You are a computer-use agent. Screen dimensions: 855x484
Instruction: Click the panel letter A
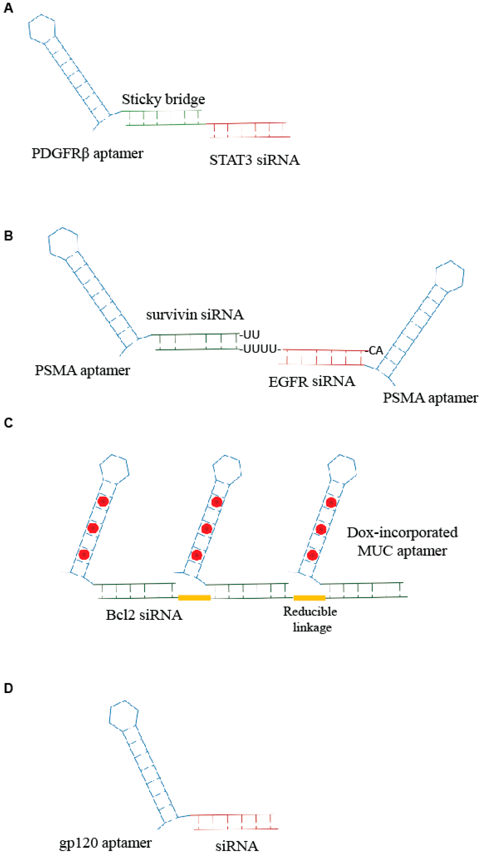[8, 8]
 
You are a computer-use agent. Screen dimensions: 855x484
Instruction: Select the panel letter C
[8, 423]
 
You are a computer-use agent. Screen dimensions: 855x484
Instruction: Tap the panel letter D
[8, 688]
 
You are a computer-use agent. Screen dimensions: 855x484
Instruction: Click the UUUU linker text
[260, 349]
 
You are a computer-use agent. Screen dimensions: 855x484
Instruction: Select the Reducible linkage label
[310, 619]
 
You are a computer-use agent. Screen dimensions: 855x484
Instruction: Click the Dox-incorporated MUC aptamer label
[402, 541]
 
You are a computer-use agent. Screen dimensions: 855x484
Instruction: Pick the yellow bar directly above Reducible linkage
[309, 598]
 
